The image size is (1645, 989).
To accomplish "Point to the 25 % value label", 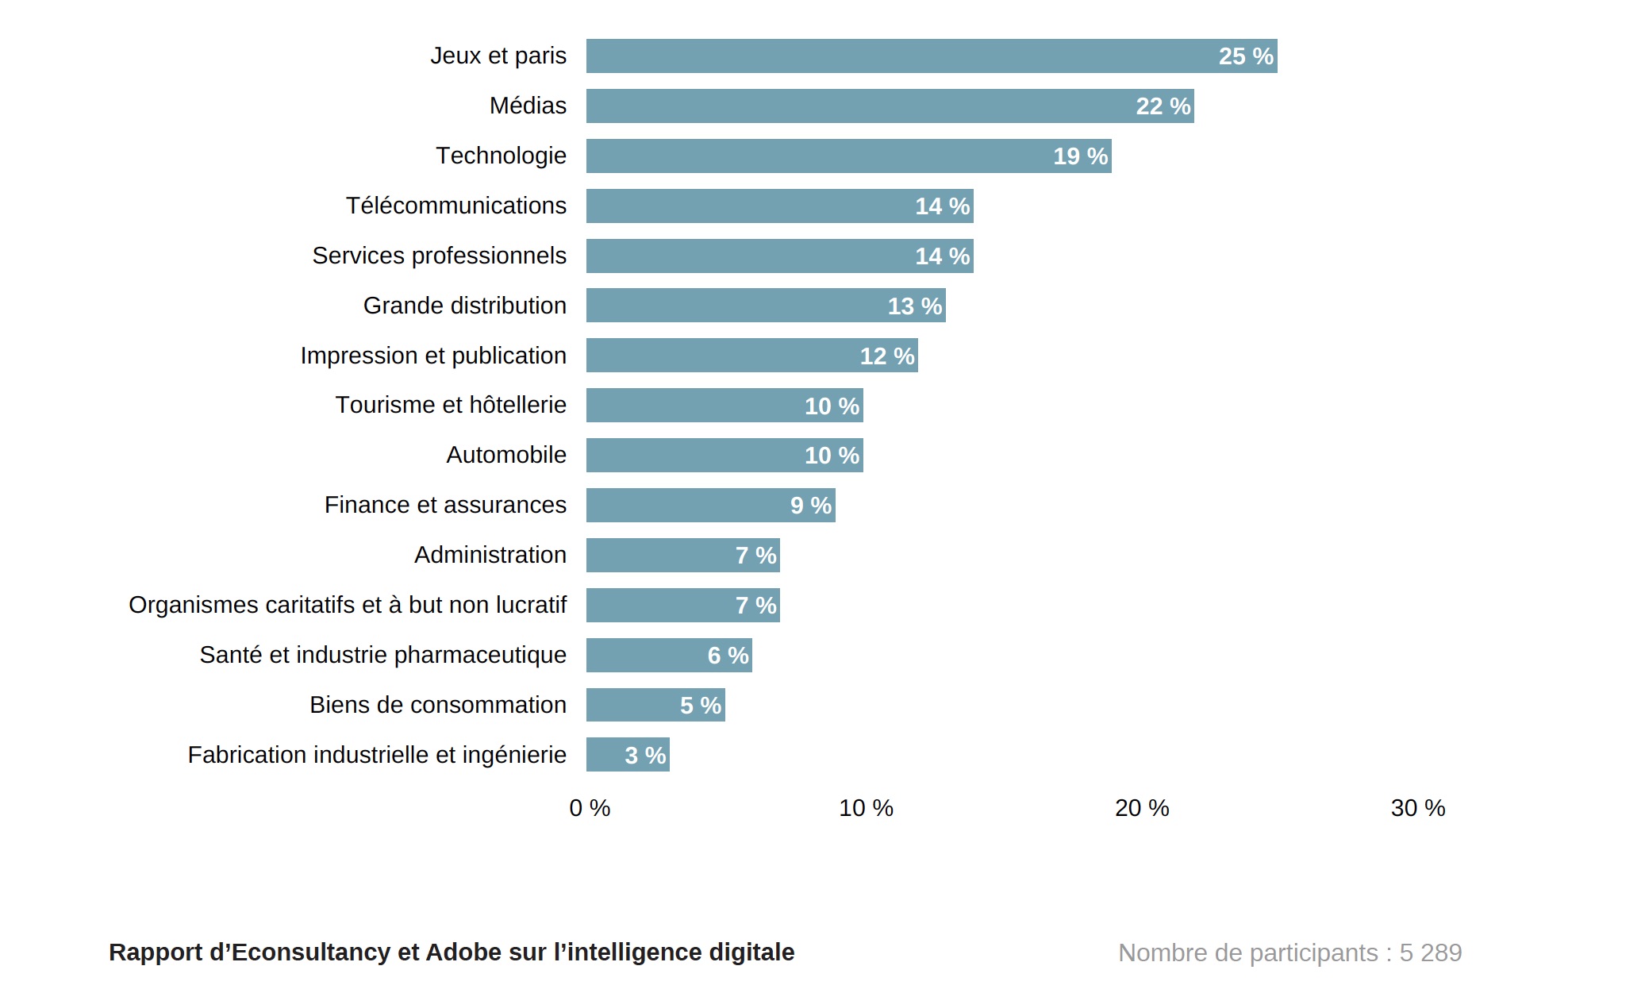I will click(1246, 56).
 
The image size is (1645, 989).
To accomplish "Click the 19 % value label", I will click(1080, 156).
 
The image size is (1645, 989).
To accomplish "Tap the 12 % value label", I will click(887, 356).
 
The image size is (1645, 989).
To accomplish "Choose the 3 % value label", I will click(645, 756).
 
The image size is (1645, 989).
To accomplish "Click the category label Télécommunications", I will click(456, 206).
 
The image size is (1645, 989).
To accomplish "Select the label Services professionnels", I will click(439, 256).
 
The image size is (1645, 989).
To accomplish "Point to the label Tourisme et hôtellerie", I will click(451, 405).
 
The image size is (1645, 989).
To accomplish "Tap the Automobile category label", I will click(506, 455).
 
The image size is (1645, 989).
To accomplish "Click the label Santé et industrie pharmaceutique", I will click(383, 655).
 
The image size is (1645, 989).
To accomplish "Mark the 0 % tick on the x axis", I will click(590, 808).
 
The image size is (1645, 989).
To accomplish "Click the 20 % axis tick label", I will click(1142, 808).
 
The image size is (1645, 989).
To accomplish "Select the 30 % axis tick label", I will click(1418, 808).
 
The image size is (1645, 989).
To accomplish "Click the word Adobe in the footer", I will click(458, 952).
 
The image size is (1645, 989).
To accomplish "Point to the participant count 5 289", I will click(1431, 952).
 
